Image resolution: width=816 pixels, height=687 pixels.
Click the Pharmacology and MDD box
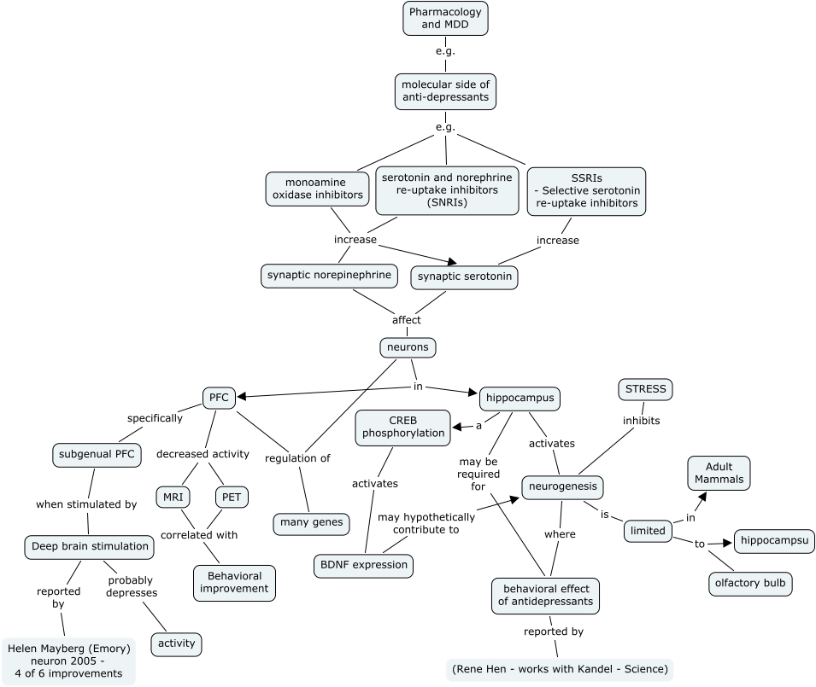(x=445, y=19)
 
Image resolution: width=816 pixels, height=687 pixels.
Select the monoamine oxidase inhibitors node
(x=318, y=189)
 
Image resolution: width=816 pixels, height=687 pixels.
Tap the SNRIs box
(x=447, y=189)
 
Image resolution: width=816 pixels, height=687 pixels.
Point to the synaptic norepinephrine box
(x=329, y=276)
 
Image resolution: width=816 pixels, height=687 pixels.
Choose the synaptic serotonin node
(x=464, y=277)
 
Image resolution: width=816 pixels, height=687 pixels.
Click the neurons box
(x=408, y=347)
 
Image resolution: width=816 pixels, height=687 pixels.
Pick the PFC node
(x=218, y=397)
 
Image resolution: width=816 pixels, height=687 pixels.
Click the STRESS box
(x=645, y=390)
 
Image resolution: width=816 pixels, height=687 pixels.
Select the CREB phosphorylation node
(x=402, y=427)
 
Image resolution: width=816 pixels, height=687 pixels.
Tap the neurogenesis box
(x=563, y=486)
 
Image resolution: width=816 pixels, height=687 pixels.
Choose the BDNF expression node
(x=363, y=565)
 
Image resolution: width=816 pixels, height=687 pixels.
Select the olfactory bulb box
(x=750, y=584)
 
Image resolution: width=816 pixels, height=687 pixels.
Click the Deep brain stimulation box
(x=90, y=546)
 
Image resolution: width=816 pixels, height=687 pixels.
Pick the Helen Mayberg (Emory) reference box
(x=68, y=661)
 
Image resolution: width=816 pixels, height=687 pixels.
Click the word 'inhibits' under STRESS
(x=641, y=421)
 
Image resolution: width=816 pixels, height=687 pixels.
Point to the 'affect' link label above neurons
(x=406, y=320)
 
